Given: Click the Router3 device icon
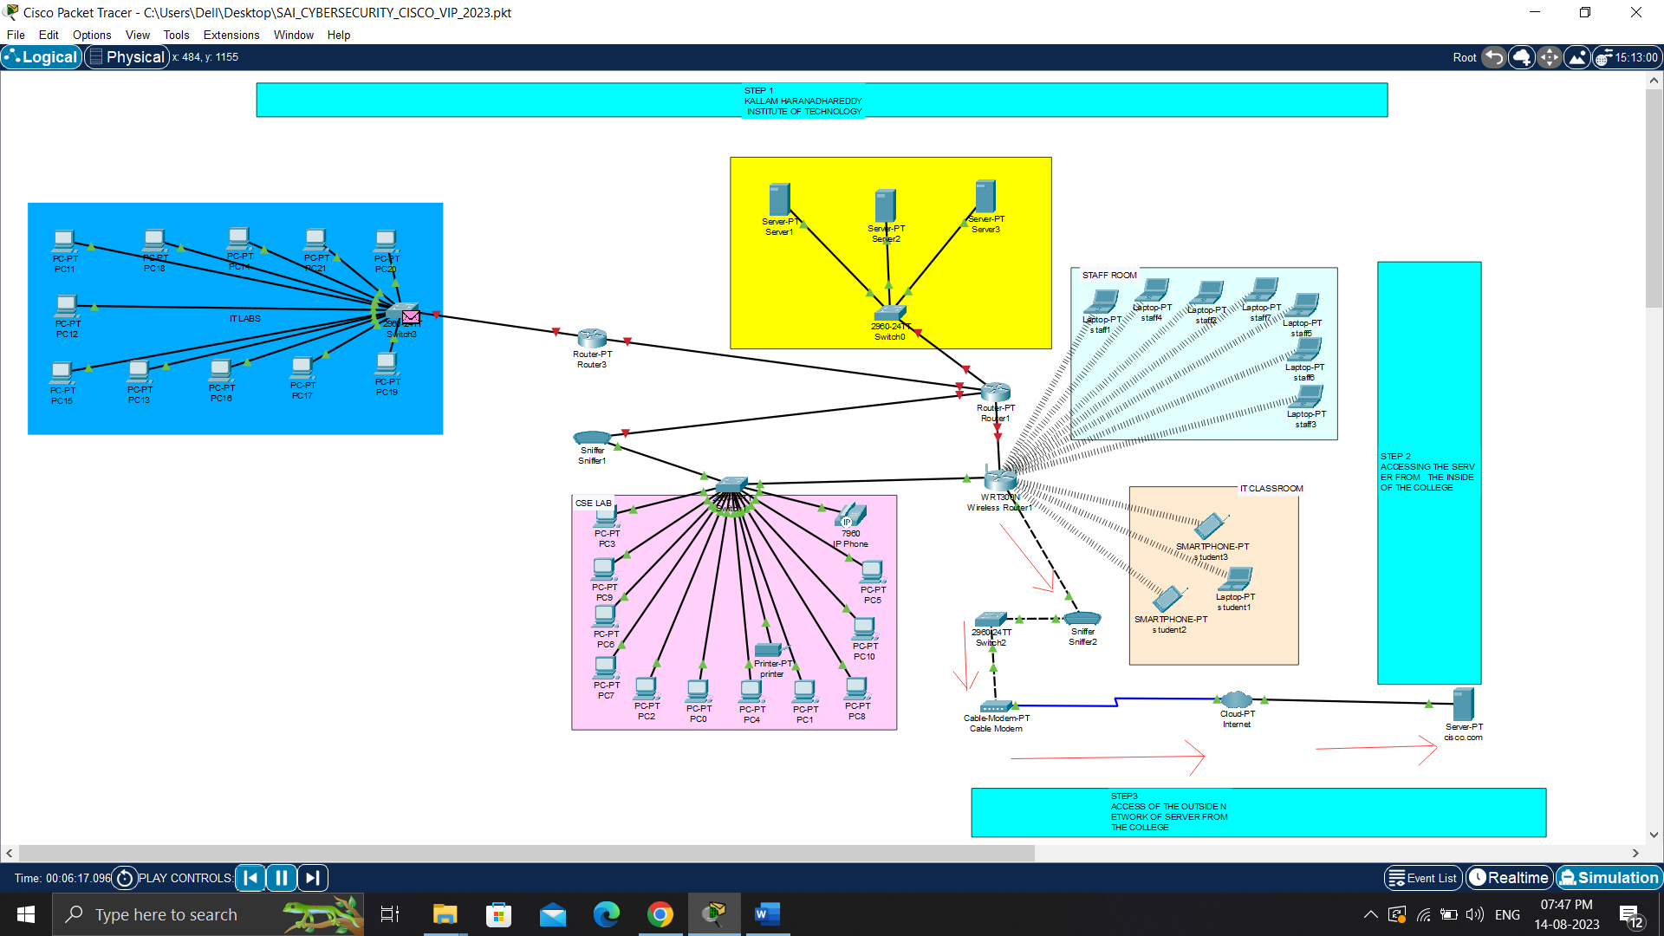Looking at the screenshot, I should click(592, 338).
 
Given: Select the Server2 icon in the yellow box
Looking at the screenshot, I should click(885, 206).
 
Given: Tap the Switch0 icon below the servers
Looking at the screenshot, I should click(890, 313).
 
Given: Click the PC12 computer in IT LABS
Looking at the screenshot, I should click(67, 306).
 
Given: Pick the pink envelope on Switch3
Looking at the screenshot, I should click(411, 317).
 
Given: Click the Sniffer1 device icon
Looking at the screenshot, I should click(592, 438).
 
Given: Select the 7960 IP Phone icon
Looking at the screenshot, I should click(851, 516).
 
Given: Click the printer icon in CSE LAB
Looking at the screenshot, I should click(768, 650).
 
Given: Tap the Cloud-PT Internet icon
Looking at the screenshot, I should click(1236, 699).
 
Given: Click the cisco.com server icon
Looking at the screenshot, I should click(1463, 705).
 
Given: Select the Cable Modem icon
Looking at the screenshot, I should click(995, 707).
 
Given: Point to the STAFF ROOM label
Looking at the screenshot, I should click(1108, 275).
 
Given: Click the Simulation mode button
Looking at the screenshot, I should click(1609, 878).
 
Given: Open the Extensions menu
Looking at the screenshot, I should click(231, 35).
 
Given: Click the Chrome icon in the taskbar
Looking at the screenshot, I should click(660, 914).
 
